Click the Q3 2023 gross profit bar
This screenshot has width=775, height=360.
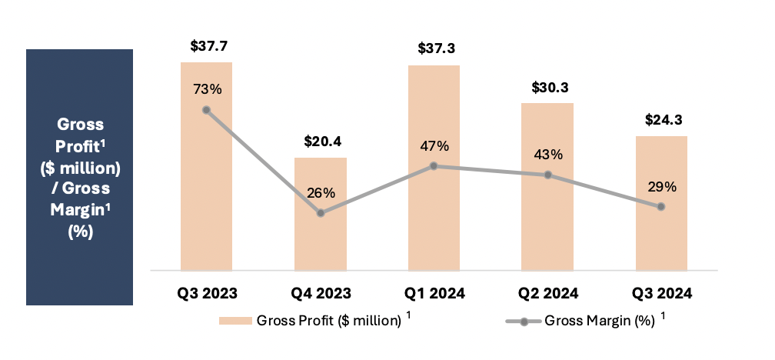(206, 192)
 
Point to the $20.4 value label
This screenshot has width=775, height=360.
(321, 142)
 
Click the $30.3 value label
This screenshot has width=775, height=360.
(548, 88)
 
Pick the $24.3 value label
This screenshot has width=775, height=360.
(661, 120)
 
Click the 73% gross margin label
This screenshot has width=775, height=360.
(207, 89)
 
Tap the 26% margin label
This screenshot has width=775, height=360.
(321, 193)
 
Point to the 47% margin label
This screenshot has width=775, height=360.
(434, 146)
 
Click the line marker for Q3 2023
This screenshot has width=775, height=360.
(207, 109)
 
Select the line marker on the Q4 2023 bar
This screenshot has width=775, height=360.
(321, 213)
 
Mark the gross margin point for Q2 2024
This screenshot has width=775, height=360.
(547, 175)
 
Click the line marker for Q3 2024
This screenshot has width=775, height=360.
(661, 206)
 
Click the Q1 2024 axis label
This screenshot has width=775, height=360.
(434, 293)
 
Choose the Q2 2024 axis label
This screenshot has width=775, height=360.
(548, 293)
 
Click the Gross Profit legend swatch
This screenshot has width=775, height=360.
(235, 322)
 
